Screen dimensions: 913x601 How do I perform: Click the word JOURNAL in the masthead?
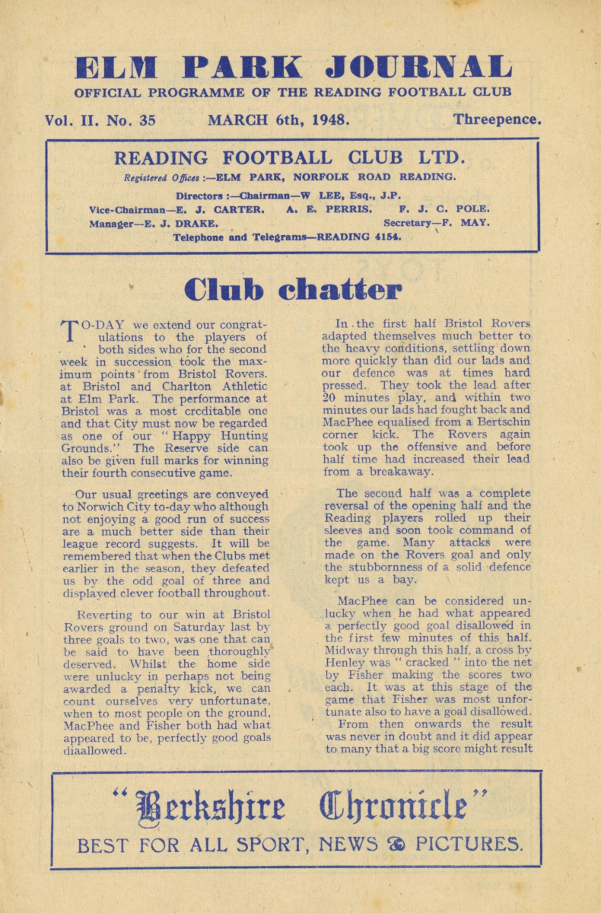coord(419,68)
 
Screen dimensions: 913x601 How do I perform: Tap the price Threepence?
coord(497,119)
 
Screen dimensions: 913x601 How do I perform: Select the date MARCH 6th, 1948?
coord(278,119)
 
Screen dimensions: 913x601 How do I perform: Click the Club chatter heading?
coord(293,290)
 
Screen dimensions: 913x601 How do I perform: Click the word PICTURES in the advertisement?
coord(468,844)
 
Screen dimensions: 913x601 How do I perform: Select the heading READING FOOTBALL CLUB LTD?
coord(288,159)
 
